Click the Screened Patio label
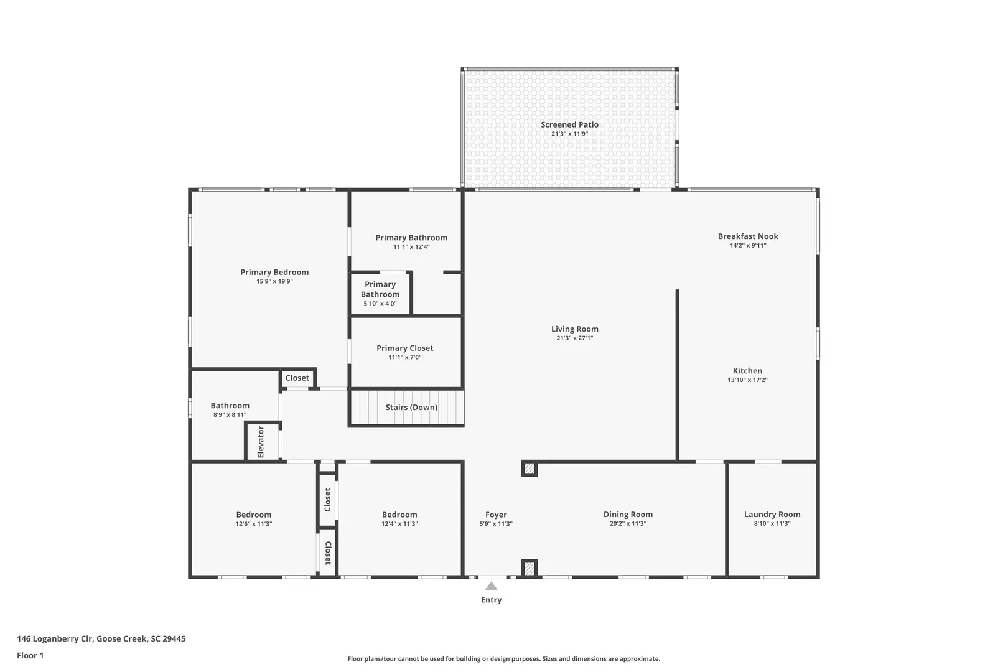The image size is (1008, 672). [569, 124]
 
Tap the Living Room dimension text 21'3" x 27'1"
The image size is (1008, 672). [575, 338]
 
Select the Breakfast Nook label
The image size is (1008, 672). [748, 236]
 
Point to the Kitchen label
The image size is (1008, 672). [747, 371]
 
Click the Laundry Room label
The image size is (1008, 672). [772, 515]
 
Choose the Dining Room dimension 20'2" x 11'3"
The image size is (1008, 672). [628, 523]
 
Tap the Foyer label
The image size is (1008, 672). [496, 515]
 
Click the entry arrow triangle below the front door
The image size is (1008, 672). [491, 586]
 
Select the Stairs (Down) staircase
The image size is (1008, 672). [407, 408]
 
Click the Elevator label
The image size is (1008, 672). [261, 442]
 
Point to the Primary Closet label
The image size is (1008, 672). [405, 348]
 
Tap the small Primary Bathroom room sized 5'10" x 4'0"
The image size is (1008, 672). [380, 294]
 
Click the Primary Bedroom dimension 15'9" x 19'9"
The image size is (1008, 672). [274, 281]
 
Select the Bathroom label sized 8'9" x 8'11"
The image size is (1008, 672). [230, 406]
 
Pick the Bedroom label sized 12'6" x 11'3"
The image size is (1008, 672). [254, 515]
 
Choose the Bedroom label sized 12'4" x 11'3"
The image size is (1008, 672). [399, 515]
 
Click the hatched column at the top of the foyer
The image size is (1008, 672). [530, 469]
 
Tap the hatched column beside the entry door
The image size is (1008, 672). [530, 568]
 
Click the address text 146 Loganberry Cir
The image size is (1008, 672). [55, 638]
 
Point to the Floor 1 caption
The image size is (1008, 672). [30, 655]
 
